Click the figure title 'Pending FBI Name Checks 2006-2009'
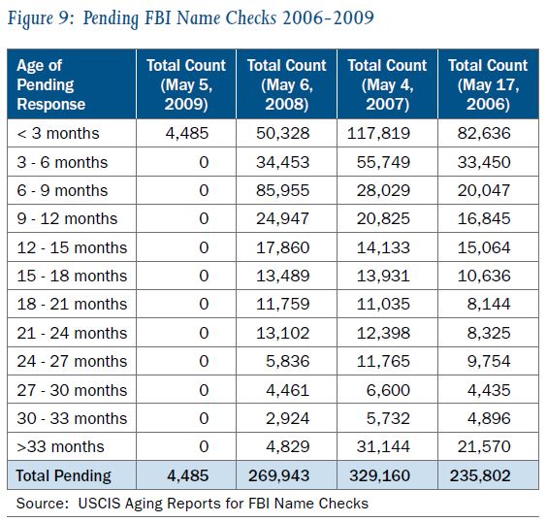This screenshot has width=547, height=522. (229, 18)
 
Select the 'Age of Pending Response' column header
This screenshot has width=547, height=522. (51, 84)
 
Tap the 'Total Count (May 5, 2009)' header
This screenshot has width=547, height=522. (186, 84)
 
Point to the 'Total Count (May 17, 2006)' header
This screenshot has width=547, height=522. (488, 84)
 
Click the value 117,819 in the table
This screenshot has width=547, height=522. (378, 133)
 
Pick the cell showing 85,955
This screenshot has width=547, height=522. (283, 190)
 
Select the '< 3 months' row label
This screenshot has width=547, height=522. (58, 133)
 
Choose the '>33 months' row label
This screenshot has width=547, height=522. (61, 446)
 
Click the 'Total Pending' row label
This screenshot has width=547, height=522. (63, 475)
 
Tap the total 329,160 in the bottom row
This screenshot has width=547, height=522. (379, 475)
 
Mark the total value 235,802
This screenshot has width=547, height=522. (480, 475)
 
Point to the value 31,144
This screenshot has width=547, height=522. (383, 446)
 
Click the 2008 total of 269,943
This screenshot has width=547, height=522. (278, 475)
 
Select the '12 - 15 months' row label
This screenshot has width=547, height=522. (72, 247)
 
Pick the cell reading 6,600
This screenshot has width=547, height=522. (388, 390)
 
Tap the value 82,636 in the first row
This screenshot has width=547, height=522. (484, 133)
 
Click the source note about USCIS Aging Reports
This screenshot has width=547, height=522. (192, 504)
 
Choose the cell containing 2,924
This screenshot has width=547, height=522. (288, 418)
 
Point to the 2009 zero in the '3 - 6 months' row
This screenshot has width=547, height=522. (204, 162)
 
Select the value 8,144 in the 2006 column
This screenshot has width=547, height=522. (489, 304)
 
